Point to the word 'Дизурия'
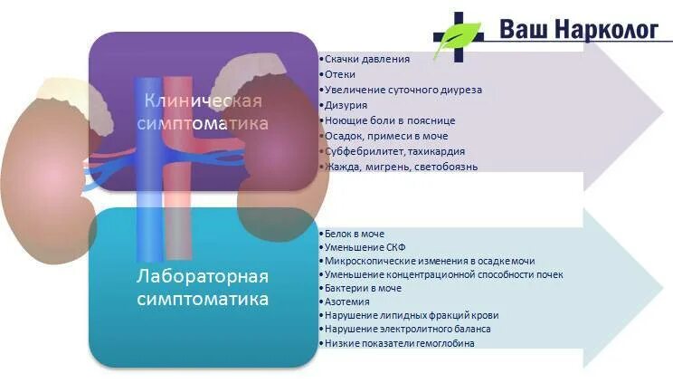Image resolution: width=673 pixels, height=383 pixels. (346, 105)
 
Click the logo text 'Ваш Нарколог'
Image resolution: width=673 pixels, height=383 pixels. (579, 29)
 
